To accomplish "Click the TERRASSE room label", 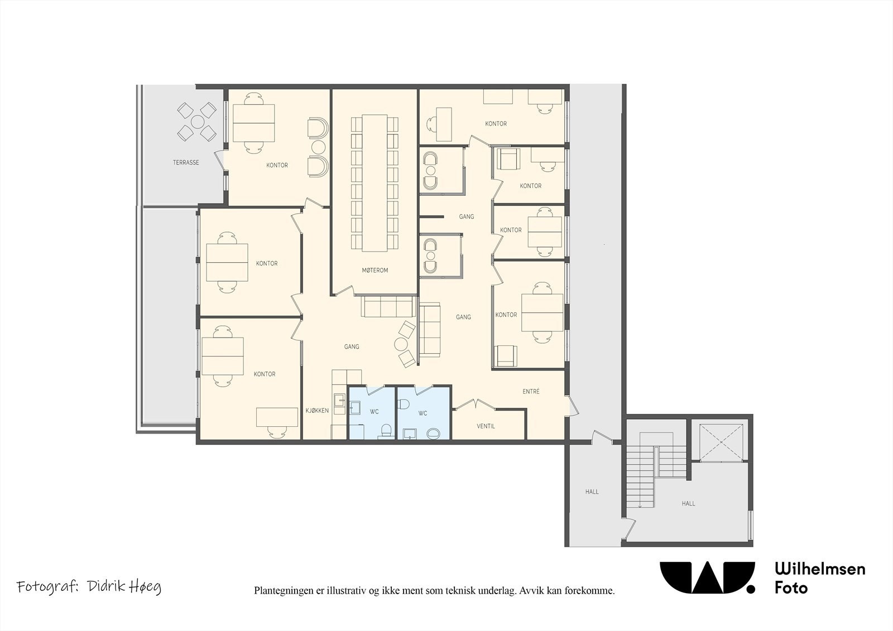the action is click(186, 163).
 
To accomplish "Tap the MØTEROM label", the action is click(375, 270).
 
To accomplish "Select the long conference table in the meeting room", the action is click(375, 183).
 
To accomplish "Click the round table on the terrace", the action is click(197, 122).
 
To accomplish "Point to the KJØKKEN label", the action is click(318, 411).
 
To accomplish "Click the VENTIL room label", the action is click(486, 426).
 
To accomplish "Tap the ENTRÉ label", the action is click(531, 392).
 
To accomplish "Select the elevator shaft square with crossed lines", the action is click(722, 442).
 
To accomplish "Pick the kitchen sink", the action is click(339, 399).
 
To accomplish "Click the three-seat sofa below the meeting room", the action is click(388, 306).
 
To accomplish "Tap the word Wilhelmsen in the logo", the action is click(820, 569).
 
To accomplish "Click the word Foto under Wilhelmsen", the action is click(791, 588).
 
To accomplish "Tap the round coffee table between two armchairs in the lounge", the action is click(401, 344).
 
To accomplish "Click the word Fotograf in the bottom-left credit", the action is click(47, 587).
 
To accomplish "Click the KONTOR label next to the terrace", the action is click(277, 165).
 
